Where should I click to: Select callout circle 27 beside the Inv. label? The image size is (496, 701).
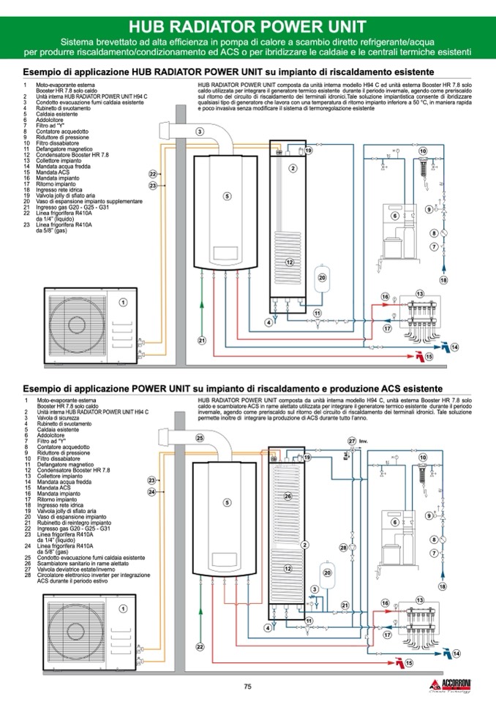click(351, 441)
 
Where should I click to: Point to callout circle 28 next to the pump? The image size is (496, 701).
click(342, 547)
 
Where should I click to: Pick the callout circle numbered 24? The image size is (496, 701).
click(152, 492)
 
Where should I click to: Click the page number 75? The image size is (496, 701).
click(247, 686)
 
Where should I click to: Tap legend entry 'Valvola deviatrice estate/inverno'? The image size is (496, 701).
click(76, 570)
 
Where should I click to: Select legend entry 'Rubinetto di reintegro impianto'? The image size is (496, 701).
click(74, 523)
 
